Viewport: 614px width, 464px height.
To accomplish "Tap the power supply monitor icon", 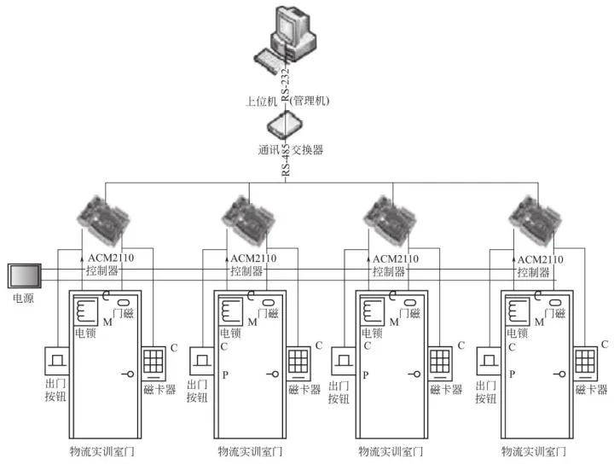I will click(x=22, y=277).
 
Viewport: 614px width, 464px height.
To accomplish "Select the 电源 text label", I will click(x=20, y=301).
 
